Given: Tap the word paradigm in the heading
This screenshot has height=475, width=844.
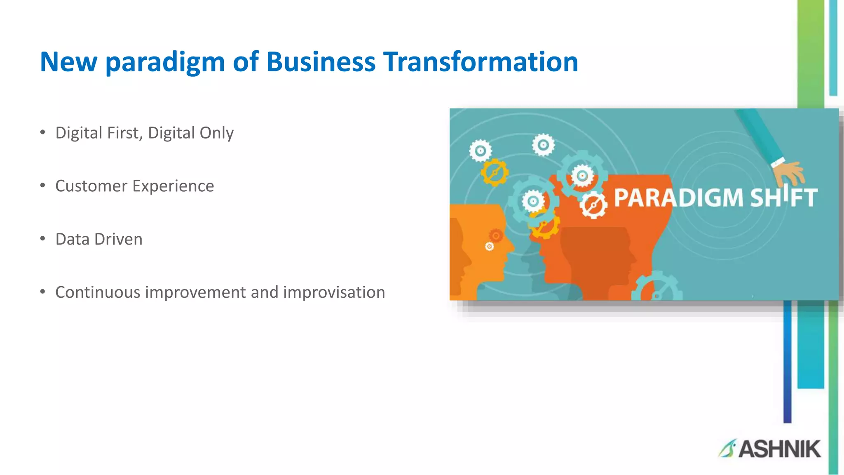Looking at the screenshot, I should pyautogui.click(x=165, y=63).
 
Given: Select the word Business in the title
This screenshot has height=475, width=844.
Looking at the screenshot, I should pyautogui.click(x=321, y=62).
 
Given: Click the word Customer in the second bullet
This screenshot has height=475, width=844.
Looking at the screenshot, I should pyautogui.click(x=91, y=186).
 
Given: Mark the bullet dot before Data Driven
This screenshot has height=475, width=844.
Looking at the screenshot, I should pyautogui.click(x=42, y=239).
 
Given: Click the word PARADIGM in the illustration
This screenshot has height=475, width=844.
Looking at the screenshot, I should pyautogui.click(x=678, y=198).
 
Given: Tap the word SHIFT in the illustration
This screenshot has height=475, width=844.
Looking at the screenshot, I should pyautogui.click(x=783, y=198).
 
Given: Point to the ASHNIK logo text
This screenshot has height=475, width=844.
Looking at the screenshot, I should pyautogui.click(x=779, y=449).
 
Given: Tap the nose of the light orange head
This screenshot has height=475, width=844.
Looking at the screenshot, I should pyautogui.click(x=511, y=247).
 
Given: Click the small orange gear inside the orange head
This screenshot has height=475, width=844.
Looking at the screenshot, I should pyautogui.click(x=495, y=236).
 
